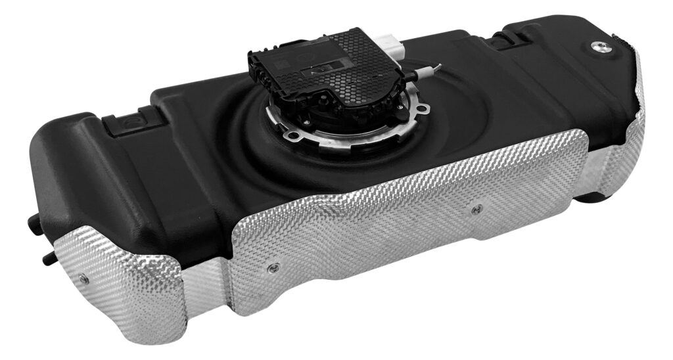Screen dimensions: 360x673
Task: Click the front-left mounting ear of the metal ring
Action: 294,135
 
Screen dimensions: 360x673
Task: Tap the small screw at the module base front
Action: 306,122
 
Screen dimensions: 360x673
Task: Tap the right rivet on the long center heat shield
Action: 477,209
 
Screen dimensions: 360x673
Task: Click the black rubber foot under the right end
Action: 595,196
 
